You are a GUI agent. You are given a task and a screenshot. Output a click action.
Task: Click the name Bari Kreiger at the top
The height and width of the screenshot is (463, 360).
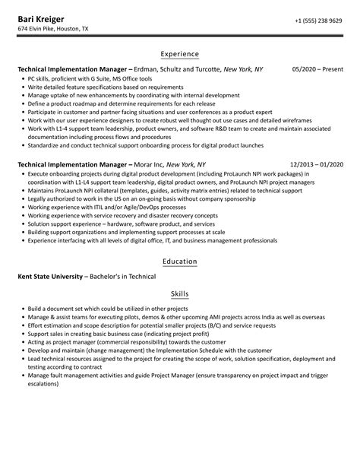click(43, 18)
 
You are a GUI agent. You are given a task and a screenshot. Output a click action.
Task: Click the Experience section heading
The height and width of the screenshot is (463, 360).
click(180, 54)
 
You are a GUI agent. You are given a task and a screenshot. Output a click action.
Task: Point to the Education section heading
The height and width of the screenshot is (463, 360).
click(180, 261)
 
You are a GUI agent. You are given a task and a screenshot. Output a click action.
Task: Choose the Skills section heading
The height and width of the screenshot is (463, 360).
click(180, 293)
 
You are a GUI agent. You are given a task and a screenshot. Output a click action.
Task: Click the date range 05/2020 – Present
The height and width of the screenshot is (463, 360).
click(316, 69)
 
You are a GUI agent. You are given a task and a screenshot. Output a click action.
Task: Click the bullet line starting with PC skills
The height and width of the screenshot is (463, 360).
click(84, 78)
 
